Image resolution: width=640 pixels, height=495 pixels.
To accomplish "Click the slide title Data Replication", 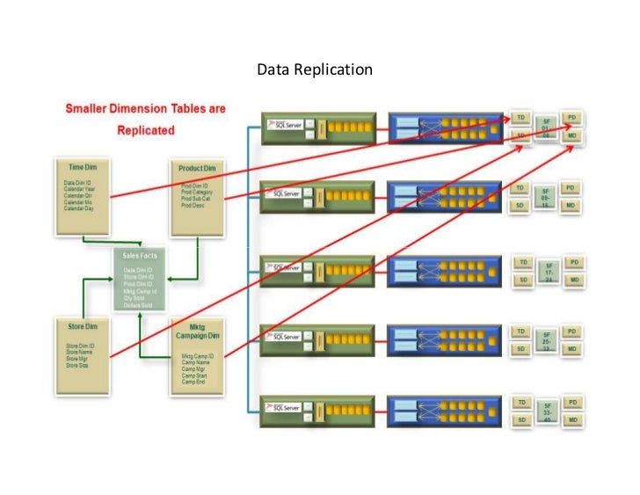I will click(314, 69).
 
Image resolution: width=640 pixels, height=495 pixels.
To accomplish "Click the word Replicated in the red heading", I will click(146, 129).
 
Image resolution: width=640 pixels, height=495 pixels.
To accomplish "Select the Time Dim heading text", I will click(80, 164).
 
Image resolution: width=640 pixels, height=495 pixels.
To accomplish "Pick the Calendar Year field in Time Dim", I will click(80, 188).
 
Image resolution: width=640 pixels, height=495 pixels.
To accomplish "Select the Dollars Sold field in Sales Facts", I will click(139, 304).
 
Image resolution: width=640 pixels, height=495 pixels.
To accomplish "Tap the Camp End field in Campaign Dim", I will click(195, 383).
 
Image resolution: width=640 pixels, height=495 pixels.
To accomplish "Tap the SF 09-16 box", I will click(545, 197).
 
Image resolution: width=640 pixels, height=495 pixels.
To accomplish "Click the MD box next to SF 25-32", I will click(571, 349).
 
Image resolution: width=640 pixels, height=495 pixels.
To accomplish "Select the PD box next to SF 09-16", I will click(571, 188).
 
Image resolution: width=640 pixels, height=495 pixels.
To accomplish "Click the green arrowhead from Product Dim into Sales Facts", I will click(171, 280).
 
